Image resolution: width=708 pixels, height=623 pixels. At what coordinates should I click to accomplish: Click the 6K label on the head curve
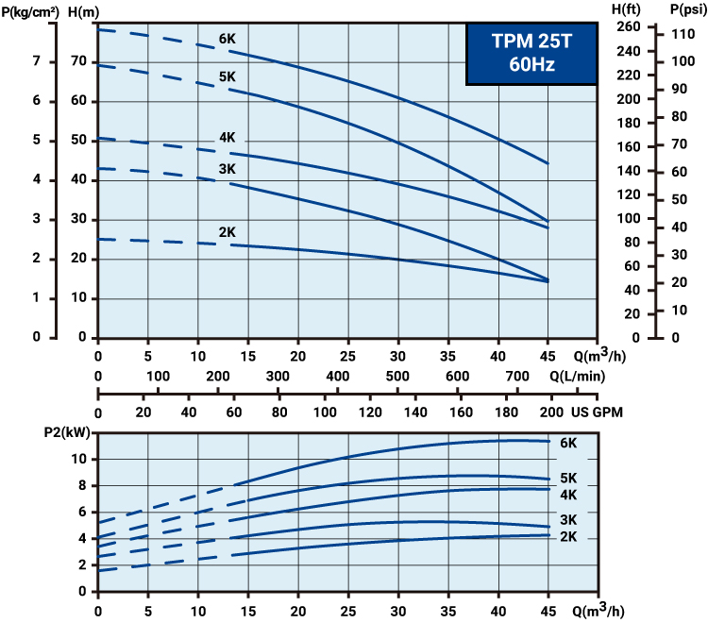pyautogui.click(x=228, y=40)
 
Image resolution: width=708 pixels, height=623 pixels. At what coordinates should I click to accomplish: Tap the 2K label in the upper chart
pyautogui.click(x=228, y=231)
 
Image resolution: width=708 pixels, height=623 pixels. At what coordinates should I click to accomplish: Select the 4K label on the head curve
pyautogui.click(x=228, y=138)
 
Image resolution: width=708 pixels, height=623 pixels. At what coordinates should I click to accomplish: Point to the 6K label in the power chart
pyautogui.click(x=568, y=443)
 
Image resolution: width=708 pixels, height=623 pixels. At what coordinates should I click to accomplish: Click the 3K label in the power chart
pyautogui.click(x=568, y=520)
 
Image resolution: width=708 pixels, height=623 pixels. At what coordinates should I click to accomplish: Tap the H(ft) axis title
pyautogui.click(x=627, y=8)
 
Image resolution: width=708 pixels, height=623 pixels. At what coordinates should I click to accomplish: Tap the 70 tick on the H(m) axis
pyautogui.click(x=79, y=61)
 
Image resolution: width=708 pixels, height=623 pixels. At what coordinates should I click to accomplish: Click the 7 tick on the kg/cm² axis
pyautogui.click(x=36, y=61)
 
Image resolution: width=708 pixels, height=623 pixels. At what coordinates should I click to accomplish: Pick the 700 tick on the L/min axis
pyautogui.click(x=517, y=377)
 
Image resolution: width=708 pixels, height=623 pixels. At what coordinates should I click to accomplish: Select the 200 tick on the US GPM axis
pyautogui.click(x=550, y=413)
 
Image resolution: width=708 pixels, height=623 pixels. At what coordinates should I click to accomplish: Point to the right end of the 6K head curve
pyautogui.click(x=548, y=163)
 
